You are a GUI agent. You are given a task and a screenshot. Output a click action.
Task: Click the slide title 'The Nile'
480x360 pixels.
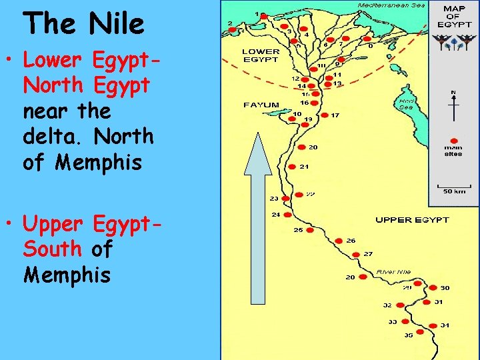(83, 24)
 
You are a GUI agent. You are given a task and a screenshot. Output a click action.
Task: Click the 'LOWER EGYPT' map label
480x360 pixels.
(261, 55)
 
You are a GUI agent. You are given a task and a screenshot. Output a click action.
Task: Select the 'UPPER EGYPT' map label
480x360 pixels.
(412, 219)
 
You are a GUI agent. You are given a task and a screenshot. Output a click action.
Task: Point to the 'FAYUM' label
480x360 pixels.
(261, 105)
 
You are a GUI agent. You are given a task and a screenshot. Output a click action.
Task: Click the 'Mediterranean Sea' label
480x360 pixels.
(391, 5)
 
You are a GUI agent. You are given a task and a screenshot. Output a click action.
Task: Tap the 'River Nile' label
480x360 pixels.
(394, 271)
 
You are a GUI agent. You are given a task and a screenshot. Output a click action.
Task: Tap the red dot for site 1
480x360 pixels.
(264, 15)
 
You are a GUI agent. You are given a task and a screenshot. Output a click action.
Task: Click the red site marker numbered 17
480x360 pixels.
(324, 115)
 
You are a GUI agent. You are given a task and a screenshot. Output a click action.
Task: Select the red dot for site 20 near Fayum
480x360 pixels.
(301, 147)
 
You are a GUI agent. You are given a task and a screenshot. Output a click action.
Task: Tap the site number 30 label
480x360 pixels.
(445, 288)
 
